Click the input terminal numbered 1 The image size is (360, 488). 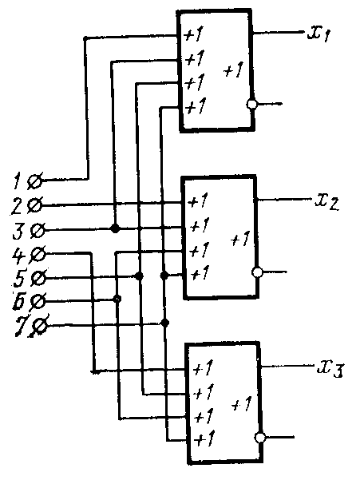(34, 181)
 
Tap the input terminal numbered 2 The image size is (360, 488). (35, 205)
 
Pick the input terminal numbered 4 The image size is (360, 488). (39, 255)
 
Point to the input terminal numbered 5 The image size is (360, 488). (39, 277)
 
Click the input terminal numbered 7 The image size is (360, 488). (40, 327)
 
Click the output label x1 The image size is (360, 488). (319, 34)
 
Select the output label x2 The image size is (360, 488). (326, 202)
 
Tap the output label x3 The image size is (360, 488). (330, 370)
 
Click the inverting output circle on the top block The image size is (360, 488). (252, 104)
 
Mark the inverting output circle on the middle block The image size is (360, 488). (257, 272)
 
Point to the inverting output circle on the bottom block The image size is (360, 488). (260, 438)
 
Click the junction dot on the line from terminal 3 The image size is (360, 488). (115, 229)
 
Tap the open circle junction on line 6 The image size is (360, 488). (117, 299)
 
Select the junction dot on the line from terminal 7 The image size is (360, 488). (165, 323)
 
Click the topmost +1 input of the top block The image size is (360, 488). (193, 34)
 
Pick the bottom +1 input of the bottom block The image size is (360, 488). (204, 438)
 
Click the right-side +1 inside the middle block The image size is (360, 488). (240, 239)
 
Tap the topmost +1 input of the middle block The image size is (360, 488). (198, 201)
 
